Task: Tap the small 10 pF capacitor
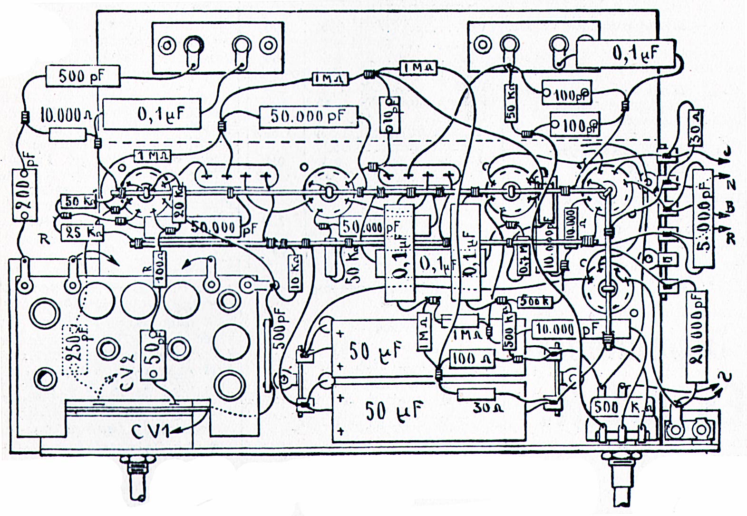(x=389, y=115)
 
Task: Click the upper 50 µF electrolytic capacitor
(x=376, y=351)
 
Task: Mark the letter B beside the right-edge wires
(x=730, y=207)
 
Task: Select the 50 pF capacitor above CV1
(x=153, y=355)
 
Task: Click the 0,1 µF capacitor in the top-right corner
(x=625, y=54)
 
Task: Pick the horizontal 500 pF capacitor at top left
(x=83, y=76)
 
